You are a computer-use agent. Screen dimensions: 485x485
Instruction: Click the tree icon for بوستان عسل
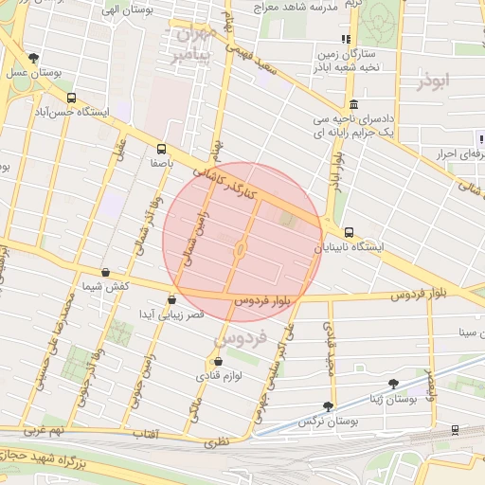[34, 58]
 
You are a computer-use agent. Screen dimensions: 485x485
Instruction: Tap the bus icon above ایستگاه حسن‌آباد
[72, 98]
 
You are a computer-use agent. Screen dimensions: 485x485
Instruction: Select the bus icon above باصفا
[161, 149]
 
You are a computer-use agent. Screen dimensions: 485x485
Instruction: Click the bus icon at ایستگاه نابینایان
[349, 232]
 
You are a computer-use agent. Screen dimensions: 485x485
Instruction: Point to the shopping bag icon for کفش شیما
[104, 272]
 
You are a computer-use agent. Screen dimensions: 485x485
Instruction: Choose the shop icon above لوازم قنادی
[219, 361]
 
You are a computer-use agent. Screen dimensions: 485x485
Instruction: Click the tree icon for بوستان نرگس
[328, 405]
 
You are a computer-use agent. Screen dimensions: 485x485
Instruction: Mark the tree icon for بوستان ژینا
[393, 384]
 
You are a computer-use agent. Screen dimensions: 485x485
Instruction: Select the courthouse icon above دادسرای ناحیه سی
[353, 104]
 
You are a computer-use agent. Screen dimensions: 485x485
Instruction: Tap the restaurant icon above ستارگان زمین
[346, 39]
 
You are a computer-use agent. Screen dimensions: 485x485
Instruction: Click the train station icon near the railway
[456, 430]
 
